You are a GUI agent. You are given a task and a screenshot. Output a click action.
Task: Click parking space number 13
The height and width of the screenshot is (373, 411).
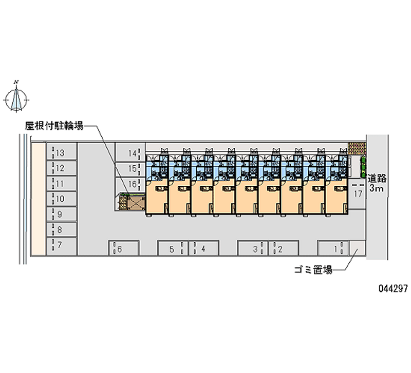coord(62,152)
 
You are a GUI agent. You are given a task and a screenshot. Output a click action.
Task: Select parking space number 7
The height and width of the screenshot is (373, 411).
coord(62,245)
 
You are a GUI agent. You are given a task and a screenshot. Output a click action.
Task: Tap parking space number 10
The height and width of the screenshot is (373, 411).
coord(62,199)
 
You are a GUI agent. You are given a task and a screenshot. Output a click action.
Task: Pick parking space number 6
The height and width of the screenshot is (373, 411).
coord(123,249)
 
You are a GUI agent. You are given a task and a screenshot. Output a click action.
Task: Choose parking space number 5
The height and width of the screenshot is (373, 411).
coord(173,249)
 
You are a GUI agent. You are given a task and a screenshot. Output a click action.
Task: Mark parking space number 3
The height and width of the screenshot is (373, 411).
coord(252,249)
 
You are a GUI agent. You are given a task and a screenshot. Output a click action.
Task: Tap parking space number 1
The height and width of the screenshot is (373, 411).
coord(333,249)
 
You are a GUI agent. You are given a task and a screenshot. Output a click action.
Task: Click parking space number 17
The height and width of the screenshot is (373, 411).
coord(358,193)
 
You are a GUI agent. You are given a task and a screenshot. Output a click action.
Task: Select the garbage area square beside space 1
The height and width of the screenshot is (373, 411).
coord(357,249)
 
